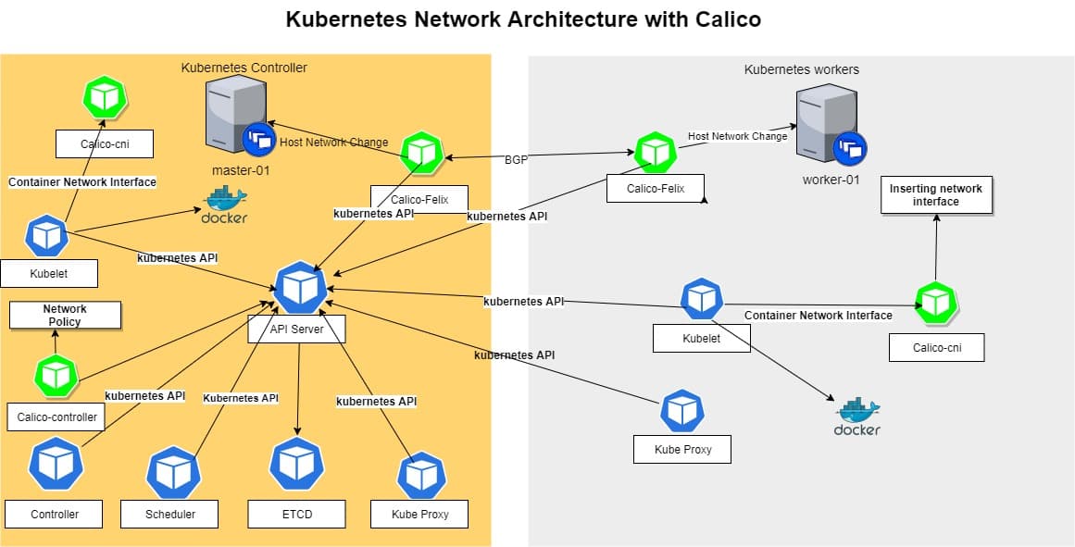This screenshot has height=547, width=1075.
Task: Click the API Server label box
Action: coord(296,329)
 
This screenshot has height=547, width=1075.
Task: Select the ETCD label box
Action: coord(296,514)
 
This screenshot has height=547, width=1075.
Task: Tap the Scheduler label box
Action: coord(171,514)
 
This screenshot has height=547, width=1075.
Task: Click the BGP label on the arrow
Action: coord(516,159)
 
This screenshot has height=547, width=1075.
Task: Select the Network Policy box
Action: coord(65,315)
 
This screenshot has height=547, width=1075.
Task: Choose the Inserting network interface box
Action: coord(936,194)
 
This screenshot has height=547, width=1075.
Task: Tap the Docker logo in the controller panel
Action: coord(224,205)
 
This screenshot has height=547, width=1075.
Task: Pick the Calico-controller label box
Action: coord(57,417)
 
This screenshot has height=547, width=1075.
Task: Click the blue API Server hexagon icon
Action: coord(301,288)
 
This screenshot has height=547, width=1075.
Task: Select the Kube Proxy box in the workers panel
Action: coord(681,450)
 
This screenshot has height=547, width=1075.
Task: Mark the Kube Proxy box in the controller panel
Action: coord(420,514)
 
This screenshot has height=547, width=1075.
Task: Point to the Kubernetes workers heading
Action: coord(802,69)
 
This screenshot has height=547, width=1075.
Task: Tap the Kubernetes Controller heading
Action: coord(244,68)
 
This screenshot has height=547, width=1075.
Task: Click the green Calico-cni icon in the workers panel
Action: coord(934,302)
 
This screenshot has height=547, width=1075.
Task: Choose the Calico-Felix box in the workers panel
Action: coord(655,189)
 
